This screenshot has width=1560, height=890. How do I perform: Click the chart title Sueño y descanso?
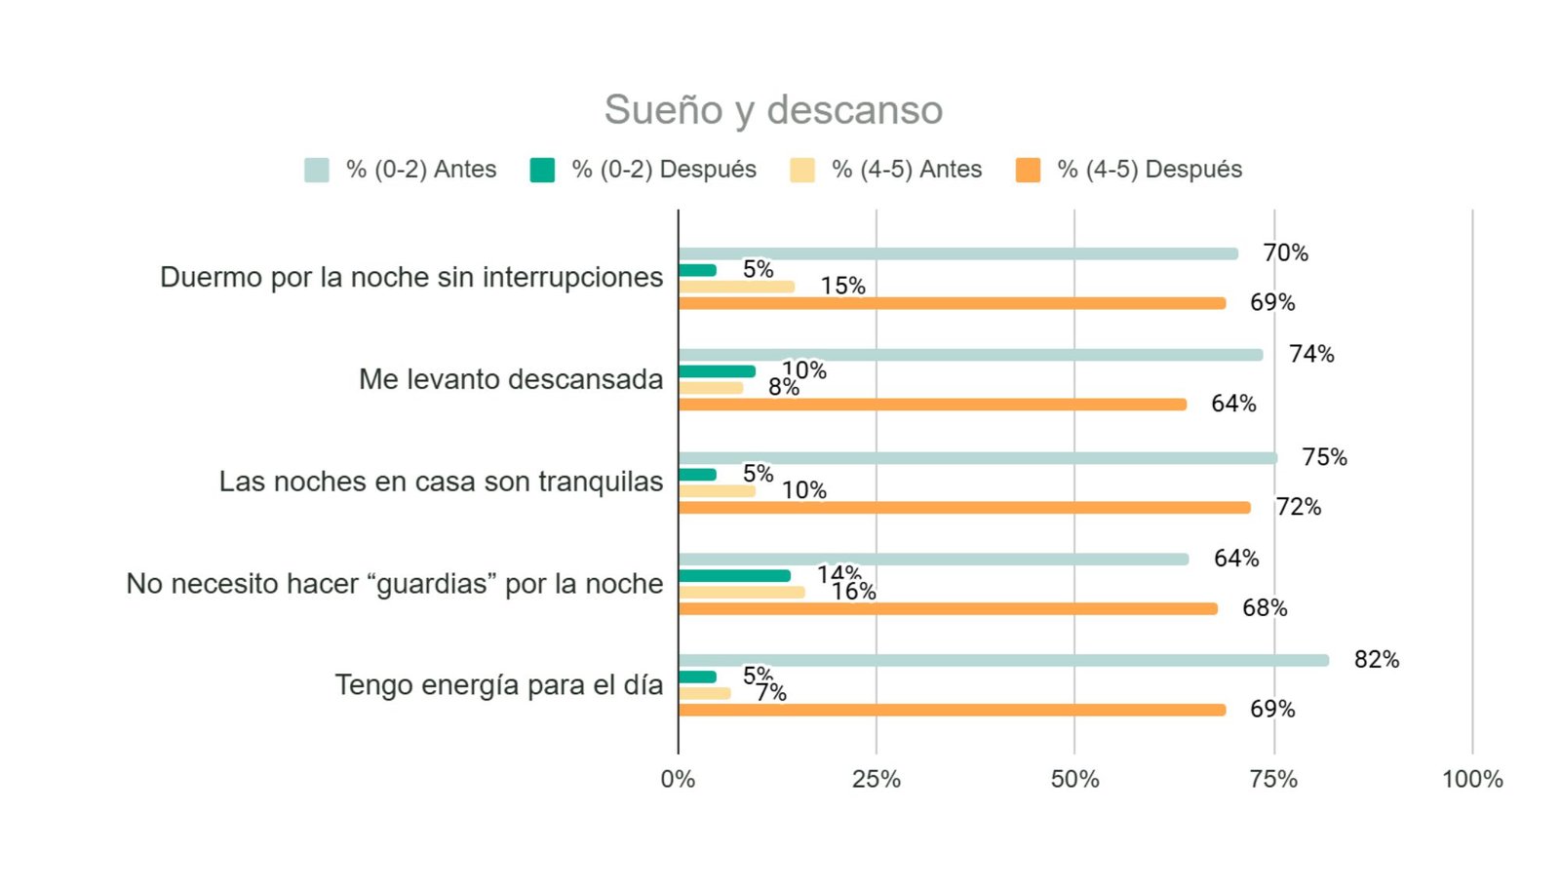[773, 110]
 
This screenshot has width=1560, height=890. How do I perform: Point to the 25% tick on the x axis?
[877, 779]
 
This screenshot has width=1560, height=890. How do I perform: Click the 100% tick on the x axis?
[1472, 779]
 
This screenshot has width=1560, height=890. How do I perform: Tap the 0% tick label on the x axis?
[678, 779]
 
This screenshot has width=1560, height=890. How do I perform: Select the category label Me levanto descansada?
[510, 379]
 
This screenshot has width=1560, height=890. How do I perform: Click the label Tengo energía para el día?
[498, 685]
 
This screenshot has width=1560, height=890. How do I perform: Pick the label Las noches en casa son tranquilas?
[441, 482]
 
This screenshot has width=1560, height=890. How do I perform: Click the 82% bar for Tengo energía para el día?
[1003, 660]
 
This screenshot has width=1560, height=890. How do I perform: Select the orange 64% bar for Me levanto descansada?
[932, 405]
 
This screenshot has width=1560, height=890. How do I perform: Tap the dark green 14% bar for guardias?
[734, 576]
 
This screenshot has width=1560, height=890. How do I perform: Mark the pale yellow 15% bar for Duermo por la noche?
[736, 287]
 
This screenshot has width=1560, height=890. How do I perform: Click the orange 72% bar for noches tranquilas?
[964, 508]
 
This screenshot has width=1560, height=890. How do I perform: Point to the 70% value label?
[1285, 253]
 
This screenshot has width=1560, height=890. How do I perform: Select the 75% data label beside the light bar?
[1324, 457]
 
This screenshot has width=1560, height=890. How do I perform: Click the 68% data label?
[1265, 608]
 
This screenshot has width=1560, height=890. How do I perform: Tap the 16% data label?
[853, 592]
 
